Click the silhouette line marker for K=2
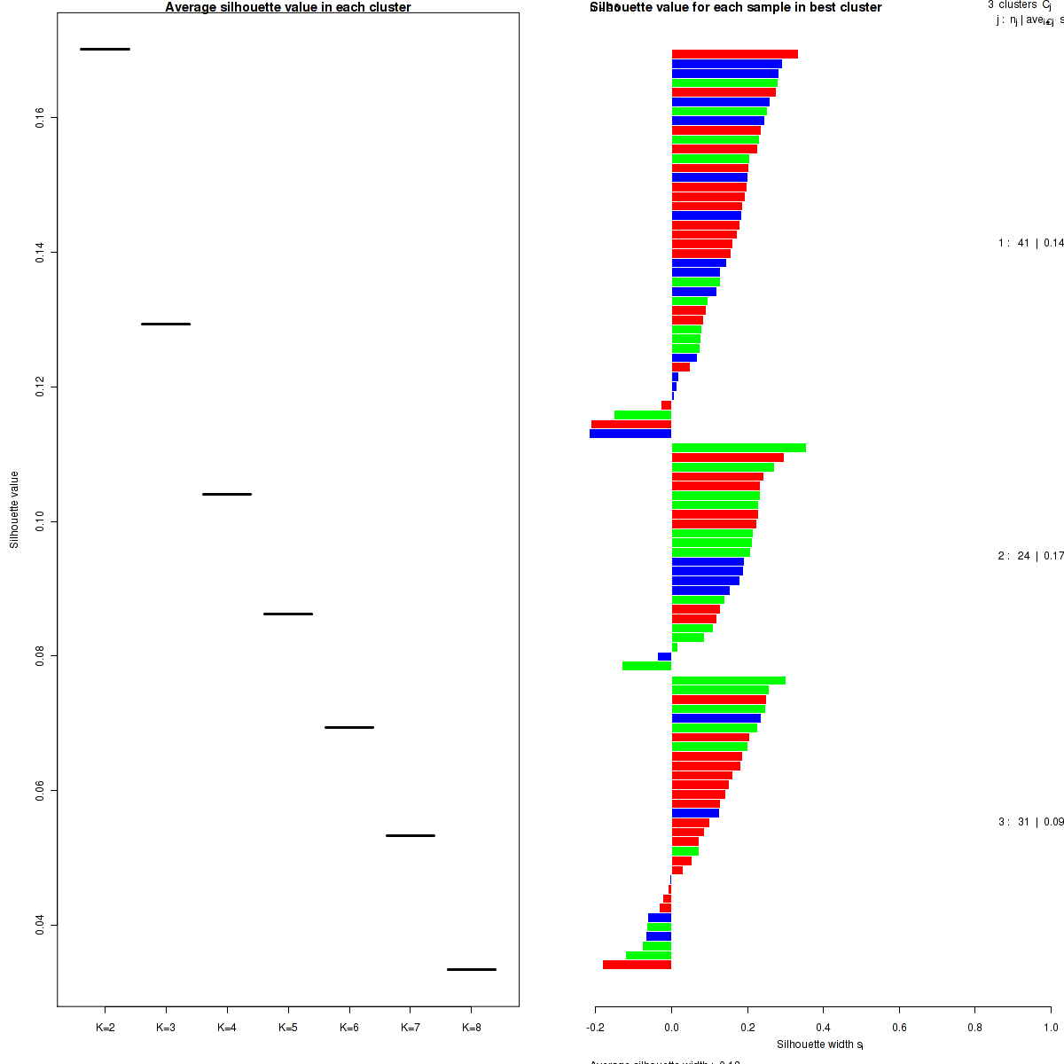(x=105, y=49)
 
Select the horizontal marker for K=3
(x=166, y=324)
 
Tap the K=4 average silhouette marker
(x=227, y=494)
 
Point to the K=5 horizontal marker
(x=288, y=614)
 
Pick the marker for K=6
(x=349, y=727)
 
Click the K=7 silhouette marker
(x=411, y=835)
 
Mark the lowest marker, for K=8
(x=472, y=969)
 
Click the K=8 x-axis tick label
(x=472, y=1028)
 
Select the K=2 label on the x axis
(x=105, y=1028)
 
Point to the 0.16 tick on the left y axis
(x=41, y=118)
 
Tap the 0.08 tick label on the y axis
(x=41, y=656)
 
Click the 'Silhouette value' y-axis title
(x=14, y=510)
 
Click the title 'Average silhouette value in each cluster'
(x=288, y=7)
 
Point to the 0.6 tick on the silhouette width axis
(x=899, y=1028)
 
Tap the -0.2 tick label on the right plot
(x=595, y=1028)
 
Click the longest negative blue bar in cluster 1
(x=630, y=434)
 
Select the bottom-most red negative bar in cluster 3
(x=637, y=965)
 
